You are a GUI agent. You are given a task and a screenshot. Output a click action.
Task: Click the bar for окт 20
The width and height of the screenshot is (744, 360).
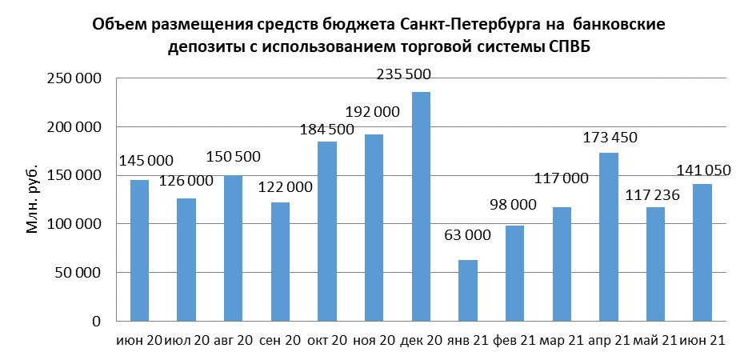click(328, 231)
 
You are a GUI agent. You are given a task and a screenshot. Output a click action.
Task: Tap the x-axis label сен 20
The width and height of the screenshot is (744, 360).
click(280, 341)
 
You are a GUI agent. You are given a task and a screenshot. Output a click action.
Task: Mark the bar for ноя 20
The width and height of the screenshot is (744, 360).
click(374, 228)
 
